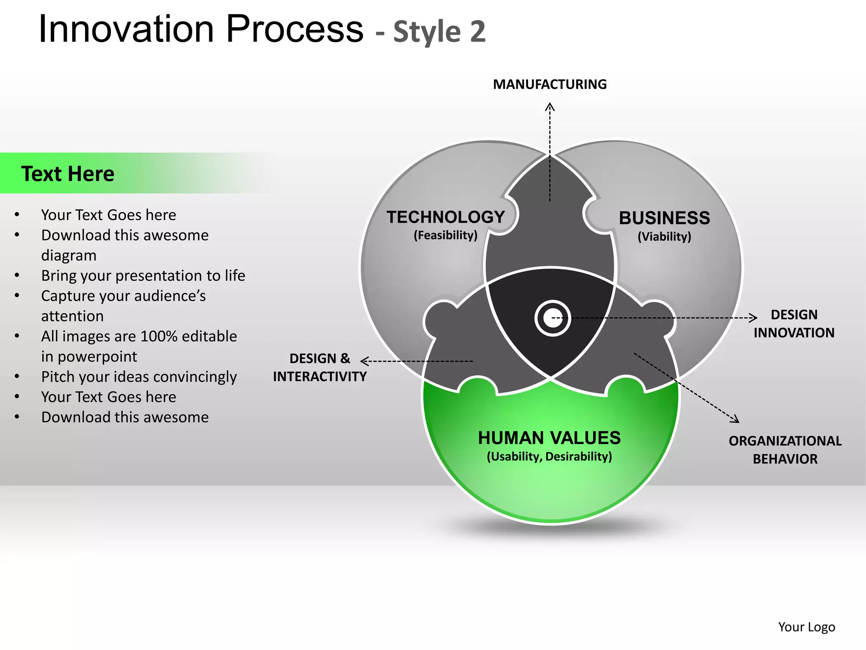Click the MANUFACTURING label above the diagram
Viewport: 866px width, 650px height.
point(550,84)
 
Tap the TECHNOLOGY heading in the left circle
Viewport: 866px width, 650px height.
point(446,217)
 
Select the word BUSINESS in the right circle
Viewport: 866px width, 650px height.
point(664,218)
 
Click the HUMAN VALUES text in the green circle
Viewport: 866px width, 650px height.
point(549,438)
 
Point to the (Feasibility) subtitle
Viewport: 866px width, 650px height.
point(446,235)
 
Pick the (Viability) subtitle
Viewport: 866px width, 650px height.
point(664,237)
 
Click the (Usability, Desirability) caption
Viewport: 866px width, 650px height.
point(549,457)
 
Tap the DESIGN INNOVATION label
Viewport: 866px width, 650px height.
point(794,324)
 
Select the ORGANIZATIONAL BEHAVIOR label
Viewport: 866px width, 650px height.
point(785,450)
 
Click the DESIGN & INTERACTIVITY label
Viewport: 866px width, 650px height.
point(320,367)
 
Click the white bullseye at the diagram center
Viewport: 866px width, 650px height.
point(552,318)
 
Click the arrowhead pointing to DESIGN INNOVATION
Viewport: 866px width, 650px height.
point(753,317)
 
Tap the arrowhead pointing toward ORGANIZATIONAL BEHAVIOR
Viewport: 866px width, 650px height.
point(735,419)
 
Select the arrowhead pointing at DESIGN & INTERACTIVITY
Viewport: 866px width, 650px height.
point(364,361)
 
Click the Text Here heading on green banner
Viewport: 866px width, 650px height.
point(68,174)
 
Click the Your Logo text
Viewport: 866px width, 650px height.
point(806,627)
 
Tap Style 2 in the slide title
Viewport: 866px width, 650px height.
point(439,32)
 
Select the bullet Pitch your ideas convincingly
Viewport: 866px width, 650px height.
point(139,377)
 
